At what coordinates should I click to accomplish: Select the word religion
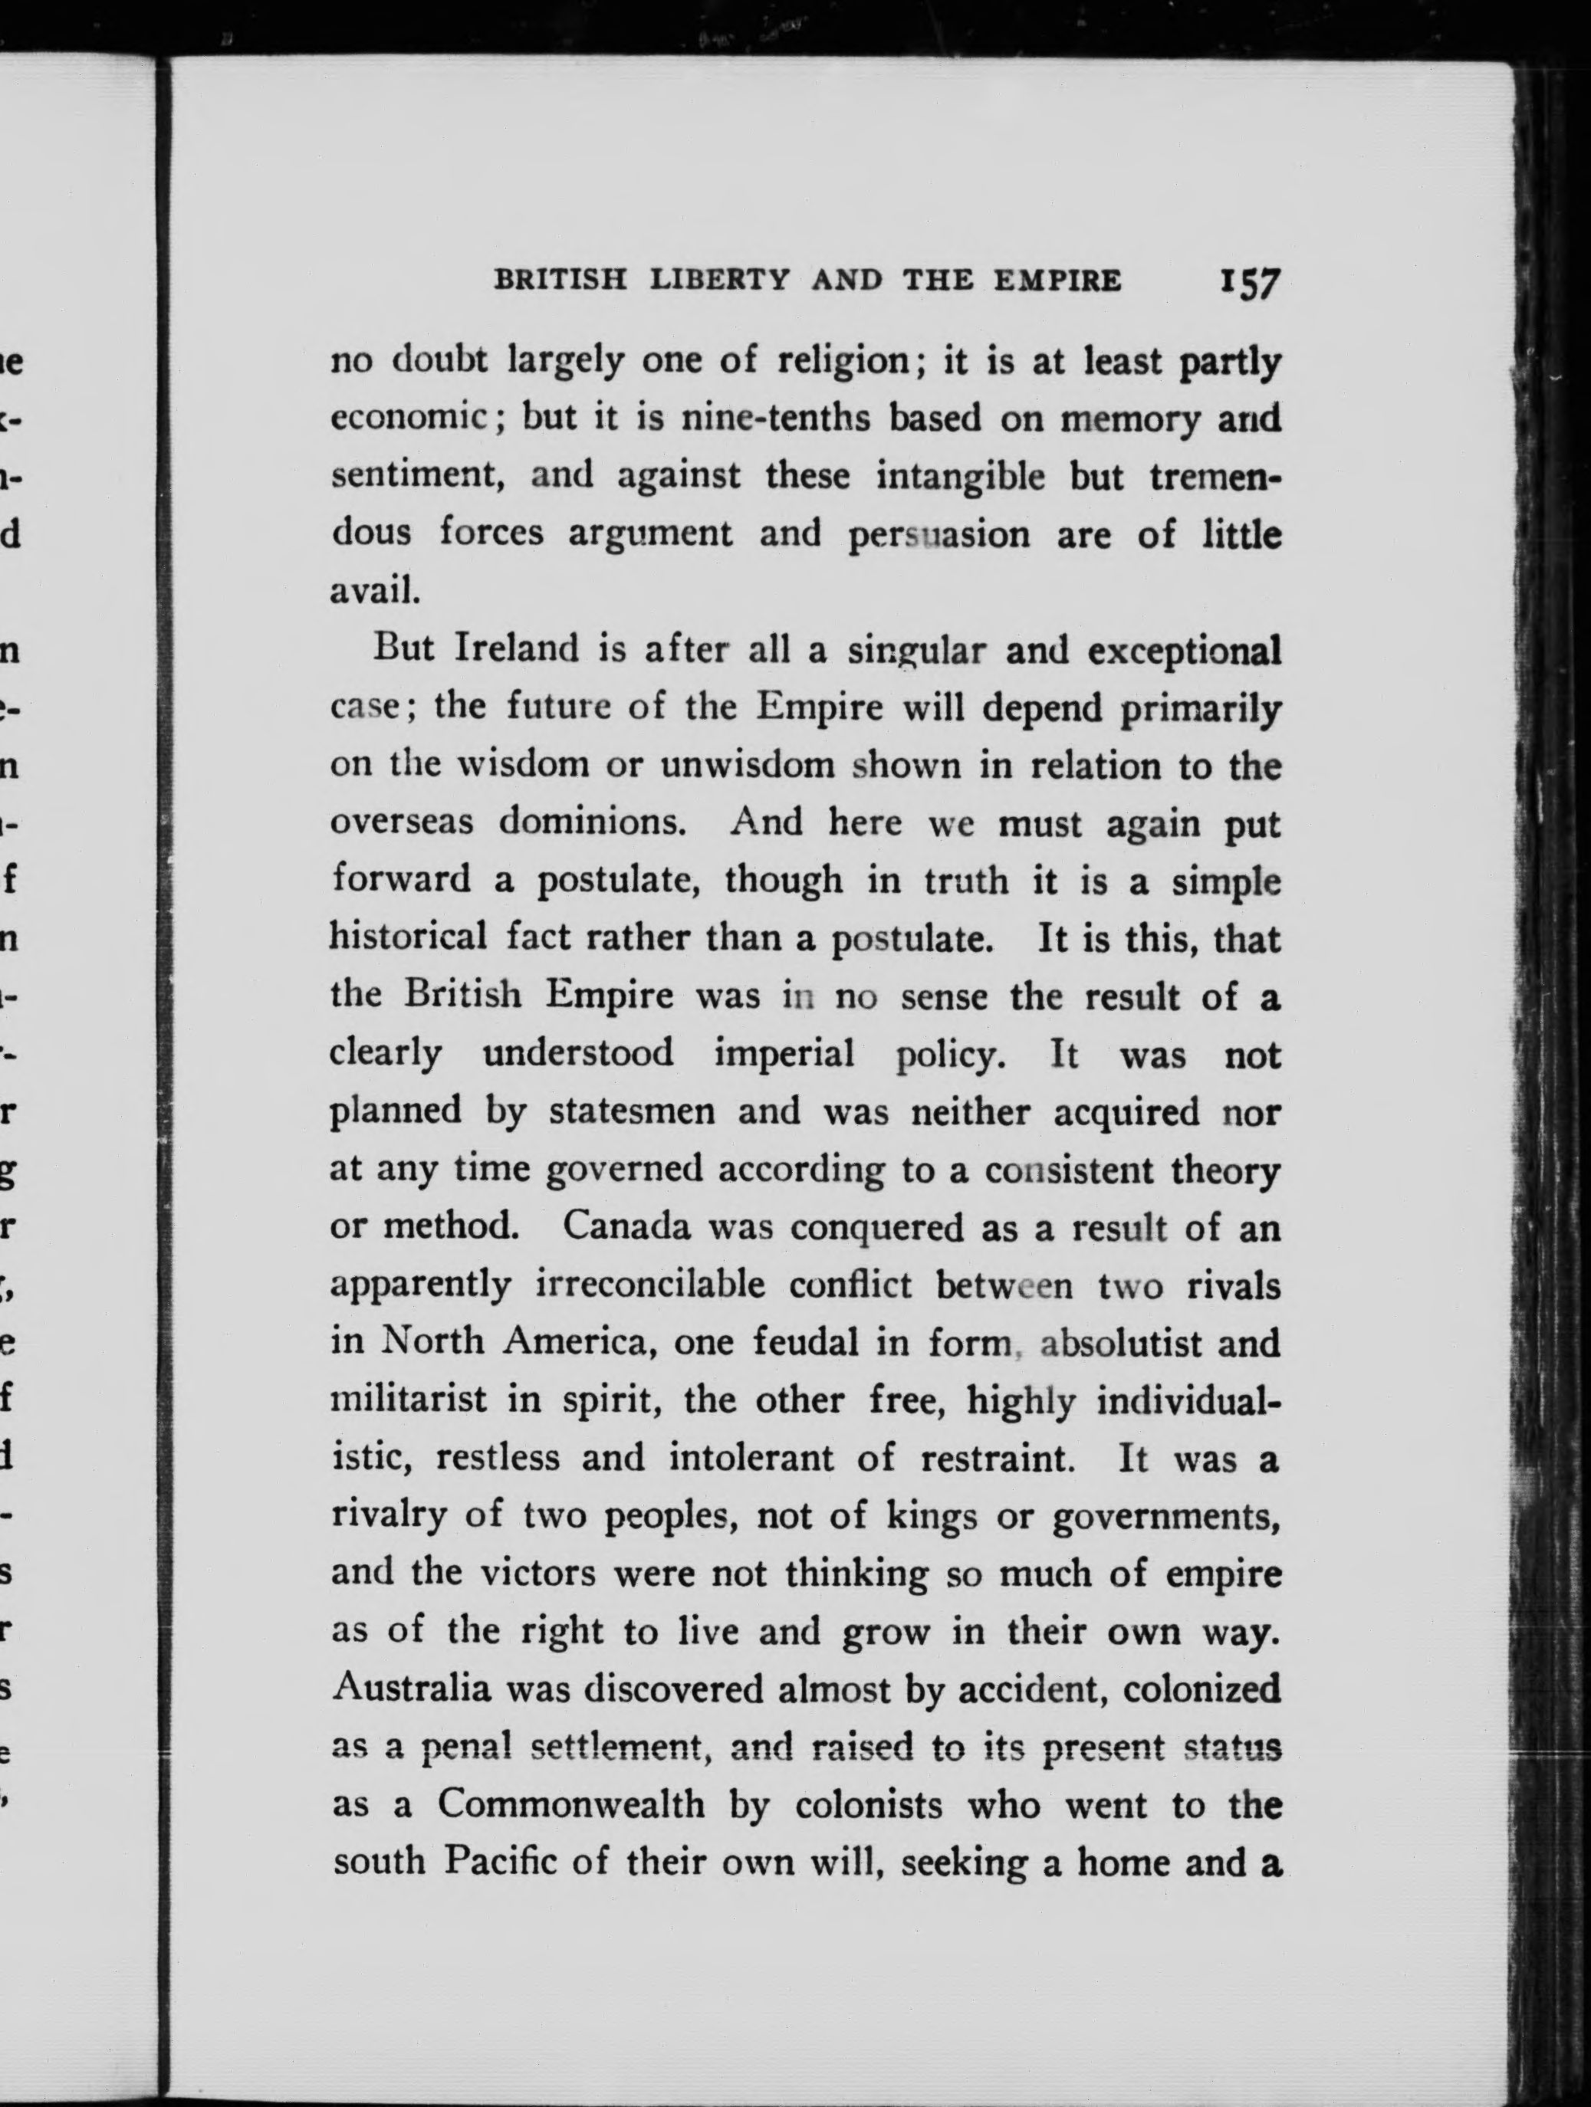pos(848,362)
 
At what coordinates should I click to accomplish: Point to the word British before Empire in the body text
pos(463,996)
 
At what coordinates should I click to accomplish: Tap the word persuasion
pos(938,535)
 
